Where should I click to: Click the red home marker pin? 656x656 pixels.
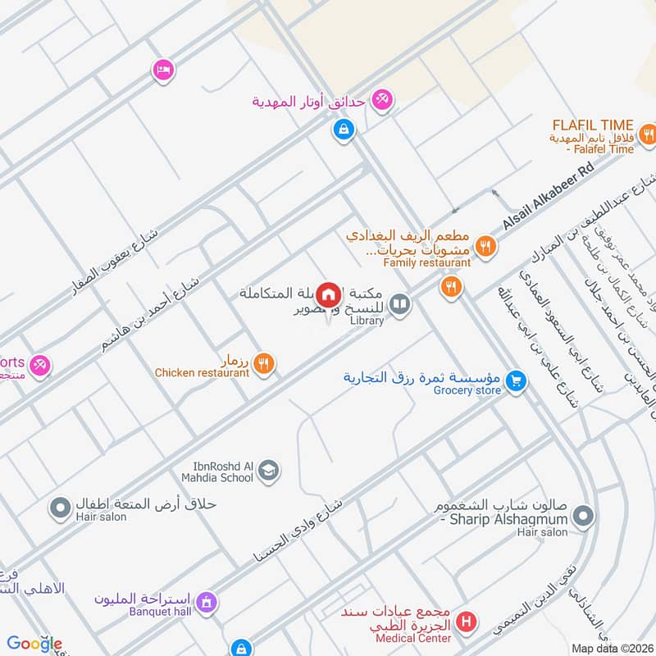click(x=329, y=294)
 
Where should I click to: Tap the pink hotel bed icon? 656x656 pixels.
click(x=163, y=70)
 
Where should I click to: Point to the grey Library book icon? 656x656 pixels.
click(x=399, y=305)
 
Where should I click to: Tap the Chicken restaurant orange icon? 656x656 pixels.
click(x=263, y=362)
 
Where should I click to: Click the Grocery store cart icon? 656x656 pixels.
click(x=515, y=380)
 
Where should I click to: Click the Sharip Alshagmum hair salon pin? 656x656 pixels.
click(x=583, y=517)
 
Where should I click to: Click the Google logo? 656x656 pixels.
click(x=34, y=644)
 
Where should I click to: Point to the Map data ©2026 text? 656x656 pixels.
click(x=611, y=648)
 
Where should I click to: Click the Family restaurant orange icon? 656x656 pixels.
click(x=486, y=244)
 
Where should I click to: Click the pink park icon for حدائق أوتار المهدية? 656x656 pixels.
click(x=380, y=100)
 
